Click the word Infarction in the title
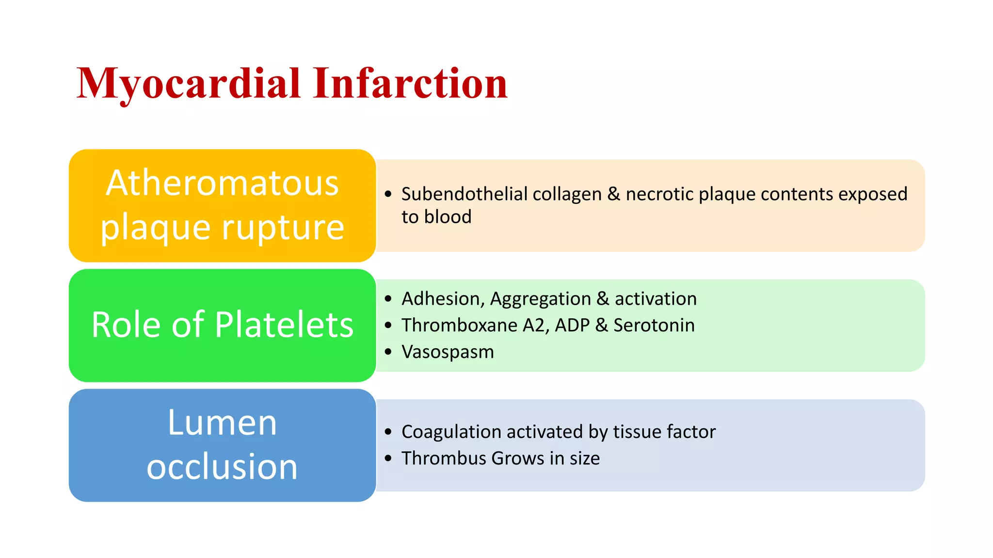pyautogui.click(x=410, y=83)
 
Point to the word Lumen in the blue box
pyautogui.click(x=222, y=423)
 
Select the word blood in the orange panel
pyautogui.click(x=448, y=217)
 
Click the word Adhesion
pyautogui.click(x=443, y=299)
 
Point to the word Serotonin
pyautogui.click(x=654, y=325)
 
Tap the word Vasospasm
pyautogui.click(x=447, y=352)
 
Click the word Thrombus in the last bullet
pyautogui.click(x=443, y=458)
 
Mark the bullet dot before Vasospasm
pyautogui.click(x=388, y=352)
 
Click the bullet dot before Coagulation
pyautogui.click(x=388, y=432)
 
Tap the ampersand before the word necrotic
pyautogui.click(x=613, y=194)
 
